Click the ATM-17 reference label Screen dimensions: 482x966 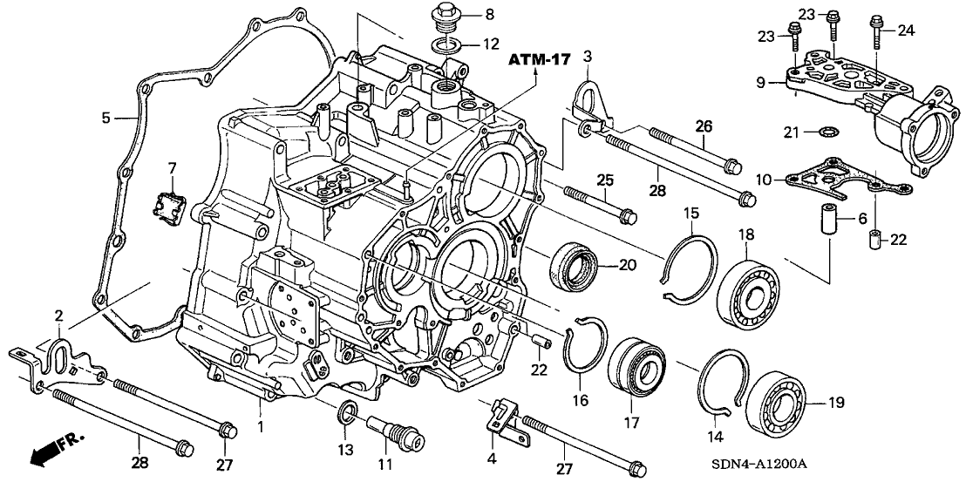(541, 60)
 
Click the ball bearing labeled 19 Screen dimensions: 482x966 (776, 404)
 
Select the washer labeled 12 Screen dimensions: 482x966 (445, 43)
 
